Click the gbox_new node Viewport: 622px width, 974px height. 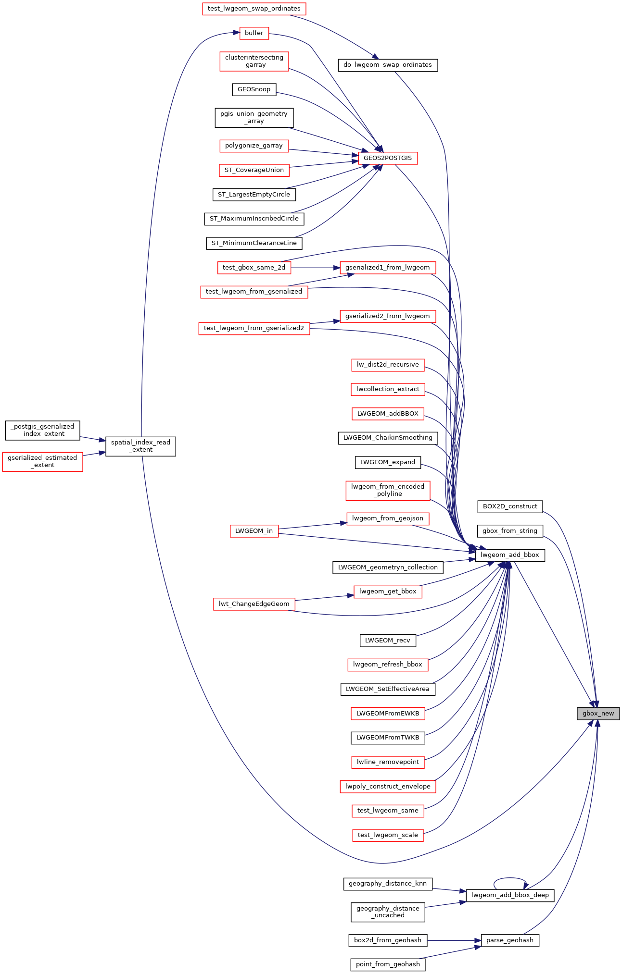point(598,714)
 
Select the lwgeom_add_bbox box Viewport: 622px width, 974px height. point(510,555)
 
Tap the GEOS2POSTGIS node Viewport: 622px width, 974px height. point(388,158)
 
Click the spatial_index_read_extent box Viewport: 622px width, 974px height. point(140,446)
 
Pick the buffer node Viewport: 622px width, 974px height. point(254,33)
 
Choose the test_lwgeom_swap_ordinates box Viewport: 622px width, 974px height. point(254,9)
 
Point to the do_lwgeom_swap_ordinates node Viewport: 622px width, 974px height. point(388,65)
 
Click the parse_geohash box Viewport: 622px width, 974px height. point(510,940)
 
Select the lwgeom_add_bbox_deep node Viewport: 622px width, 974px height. point(510,895)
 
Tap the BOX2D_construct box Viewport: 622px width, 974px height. point(510,506)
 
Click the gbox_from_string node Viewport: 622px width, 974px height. point(510,531)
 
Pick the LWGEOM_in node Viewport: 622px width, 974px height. point(254,531)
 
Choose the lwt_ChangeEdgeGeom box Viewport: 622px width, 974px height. point(254,604)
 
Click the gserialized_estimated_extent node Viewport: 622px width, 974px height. point(42,462)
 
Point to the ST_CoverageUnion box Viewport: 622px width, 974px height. point(254,170)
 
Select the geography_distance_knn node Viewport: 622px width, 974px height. point(388,884)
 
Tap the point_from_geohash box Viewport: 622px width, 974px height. point(388,964)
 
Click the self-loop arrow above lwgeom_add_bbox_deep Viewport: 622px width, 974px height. point(510,878)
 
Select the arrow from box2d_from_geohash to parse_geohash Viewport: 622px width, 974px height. point(454,940)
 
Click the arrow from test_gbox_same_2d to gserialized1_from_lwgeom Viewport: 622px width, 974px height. point(316,268)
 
